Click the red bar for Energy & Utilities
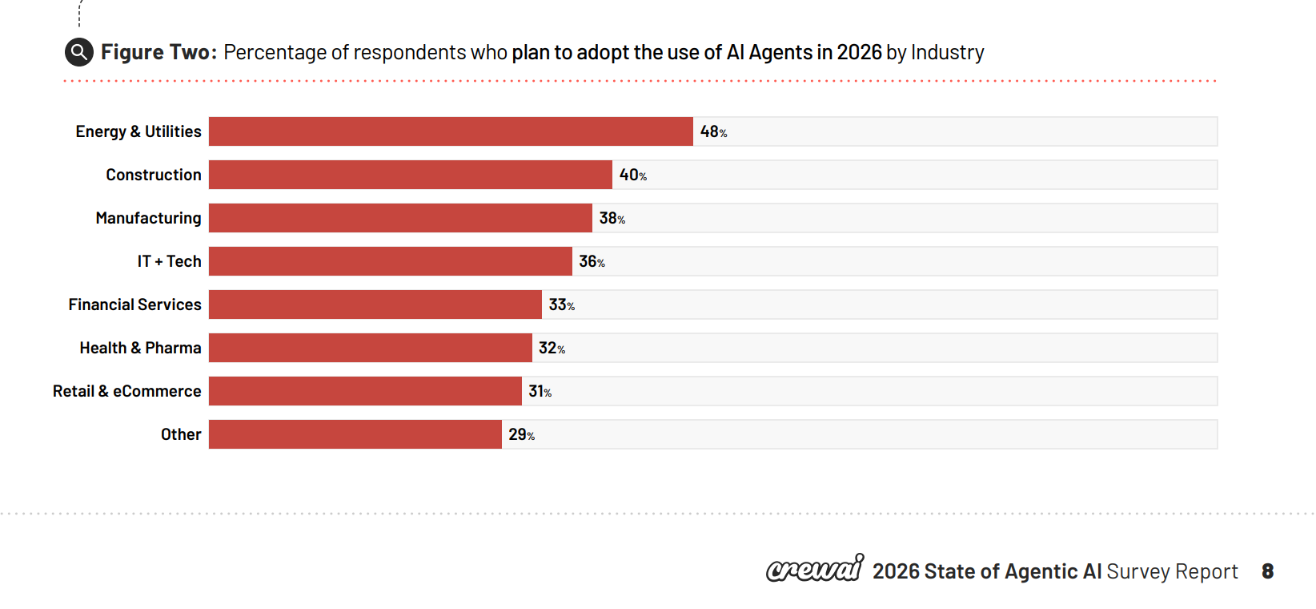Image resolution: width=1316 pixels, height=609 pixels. coord(451,131)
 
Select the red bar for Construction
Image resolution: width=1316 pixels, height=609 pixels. coord(411,175)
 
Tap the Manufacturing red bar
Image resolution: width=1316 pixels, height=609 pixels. coord(400,218)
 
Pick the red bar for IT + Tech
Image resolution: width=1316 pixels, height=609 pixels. coord(391,261)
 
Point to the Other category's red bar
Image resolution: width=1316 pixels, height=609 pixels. coord(355,434)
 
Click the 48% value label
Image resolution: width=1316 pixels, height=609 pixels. coord(713,131)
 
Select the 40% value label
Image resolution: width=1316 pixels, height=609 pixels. coord(632,175)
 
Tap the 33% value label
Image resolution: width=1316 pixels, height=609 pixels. coord(561,304)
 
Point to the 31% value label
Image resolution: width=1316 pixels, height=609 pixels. coord(540,391)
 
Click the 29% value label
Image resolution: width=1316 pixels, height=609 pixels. coord(521,434)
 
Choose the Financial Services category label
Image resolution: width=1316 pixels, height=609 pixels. coord(134,304)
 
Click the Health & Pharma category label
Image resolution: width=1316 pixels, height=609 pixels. coord(140,348)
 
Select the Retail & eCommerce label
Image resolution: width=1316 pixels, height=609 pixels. coord(126,391)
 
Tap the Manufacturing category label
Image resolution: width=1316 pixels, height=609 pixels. coord(148,218)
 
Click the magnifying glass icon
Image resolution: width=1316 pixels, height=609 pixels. coord(78,52)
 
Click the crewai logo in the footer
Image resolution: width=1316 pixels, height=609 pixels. coord(814,569)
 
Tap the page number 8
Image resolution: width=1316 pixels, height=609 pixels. coord(1267,571)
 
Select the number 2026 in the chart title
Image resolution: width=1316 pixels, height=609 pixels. coord(859,52)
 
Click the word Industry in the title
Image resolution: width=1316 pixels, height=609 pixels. coord(947,52)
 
